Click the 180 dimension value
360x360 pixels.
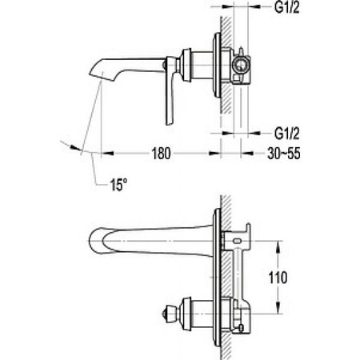pyautogui.click(x=161, y=154)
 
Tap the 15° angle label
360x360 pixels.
pyautogui.click(x=118, y=185)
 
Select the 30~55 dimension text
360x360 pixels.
pyautogui.click(x=284, y=154)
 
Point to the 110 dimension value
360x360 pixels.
pyautogui.click(x=278, y=278)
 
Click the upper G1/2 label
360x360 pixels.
pyautogui.click(x=287, y=7)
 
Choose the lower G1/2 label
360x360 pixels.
pyautogui.click(x=287, y=133)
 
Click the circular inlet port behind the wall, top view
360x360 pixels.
pyautogui.click(x=239, y=66)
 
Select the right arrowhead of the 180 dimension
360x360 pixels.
pyautogui.click(x=214, y=154)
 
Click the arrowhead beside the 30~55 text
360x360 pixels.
pyautogui.click(x=247, y=154)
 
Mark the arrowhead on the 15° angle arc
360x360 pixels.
pyautogui.click(x=75, y=147)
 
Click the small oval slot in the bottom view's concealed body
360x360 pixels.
pyautogui.click(x=236, y=241)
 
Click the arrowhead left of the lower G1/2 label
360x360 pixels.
pyautogui.click(x=254, y=133)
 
